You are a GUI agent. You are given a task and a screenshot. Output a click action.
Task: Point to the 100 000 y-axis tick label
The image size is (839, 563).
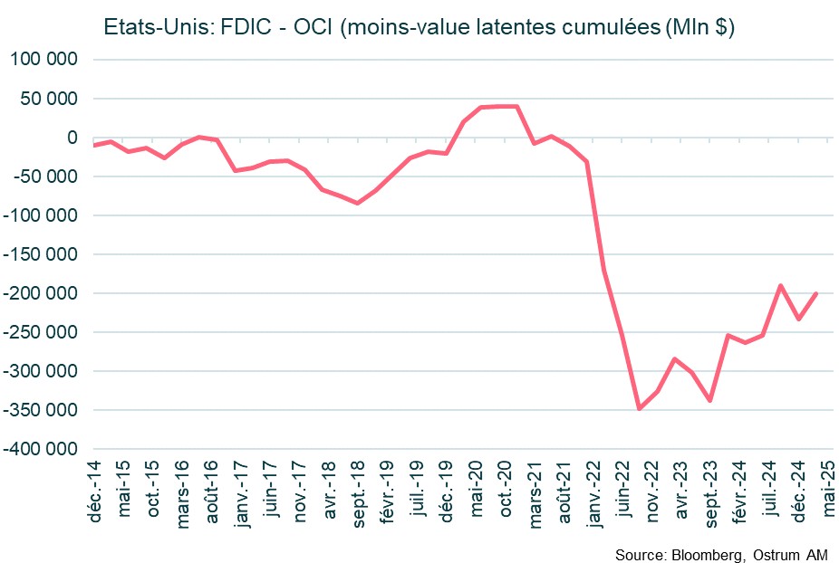[45, 60]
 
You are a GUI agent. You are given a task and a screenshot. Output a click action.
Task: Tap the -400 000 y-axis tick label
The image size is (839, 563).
[42, 449]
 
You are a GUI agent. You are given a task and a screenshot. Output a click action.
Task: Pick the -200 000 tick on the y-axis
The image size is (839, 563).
[42, 293]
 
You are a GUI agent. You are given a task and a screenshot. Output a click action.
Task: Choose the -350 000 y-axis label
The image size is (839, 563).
[42, 410]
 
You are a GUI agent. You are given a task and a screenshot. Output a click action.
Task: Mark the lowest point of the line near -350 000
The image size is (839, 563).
[640, 409]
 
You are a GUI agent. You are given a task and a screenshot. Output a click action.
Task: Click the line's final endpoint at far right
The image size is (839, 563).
[816, 293]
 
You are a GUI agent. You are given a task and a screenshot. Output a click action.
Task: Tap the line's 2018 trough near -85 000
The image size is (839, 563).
[357, 203]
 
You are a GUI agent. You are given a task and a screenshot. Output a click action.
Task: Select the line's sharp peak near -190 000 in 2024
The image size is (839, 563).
[780, 285]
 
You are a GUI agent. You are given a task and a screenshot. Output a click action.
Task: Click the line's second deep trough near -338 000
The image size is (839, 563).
[709, 400]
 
